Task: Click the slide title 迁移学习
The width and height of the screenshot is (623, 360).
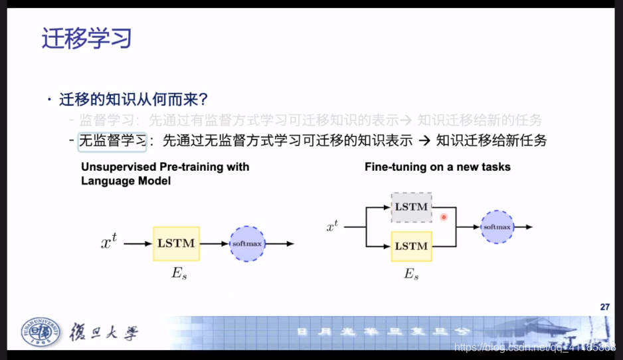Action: pos(86,38)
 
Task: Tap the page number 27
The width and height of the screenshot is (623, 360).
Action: pos(604,307)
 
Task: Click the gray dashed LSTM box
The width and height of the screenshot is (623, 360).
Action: pos(412,207)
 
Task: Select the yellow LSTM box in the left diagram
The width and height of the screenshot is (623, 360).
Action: pos(176,243)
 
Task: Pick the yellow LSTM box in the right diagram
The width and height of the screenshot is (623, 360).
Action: pos(412,246)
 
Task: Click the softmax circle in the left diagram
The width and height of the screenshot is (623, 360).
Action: pos(247,244)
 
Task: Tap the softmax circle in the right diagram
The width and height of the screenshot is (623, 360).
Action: pos(497,227)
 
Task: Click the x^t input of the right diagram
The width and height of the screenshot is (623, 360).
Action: pos(332,227)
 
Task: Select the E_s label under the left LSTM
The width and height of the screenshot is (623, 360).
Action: pos(179,274)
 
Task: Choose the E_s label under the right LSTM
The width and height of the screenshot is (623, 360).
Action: pos(412,274)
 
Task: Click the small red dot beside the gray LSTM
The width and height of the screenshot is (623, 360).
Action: pos(444,217)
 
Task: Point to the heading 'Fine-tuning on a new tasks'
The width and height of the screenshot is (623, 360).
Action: pos(437,167)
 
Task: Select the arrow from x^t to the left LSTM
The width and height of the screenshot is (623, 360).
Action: pos(137,244)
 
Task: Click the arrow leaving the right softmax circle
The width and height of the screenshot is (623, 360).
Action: pos(523,227)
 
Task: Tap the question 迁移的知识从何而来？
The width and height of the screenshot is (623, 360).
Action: pos(133,100)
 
